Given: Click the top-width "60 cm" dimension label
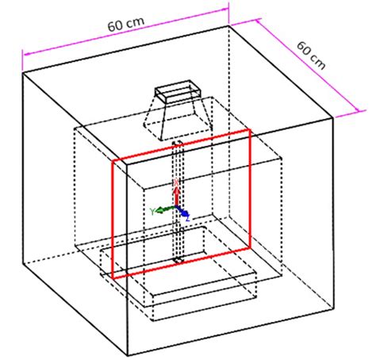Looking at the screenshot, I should pyautogui.click(x=125, y=24).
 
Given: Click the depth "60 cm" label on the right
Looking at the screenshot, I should pyautogui.click(x=314, y=56).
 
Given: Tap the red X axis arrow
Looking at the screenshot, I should pyautogui.click(x=176, y=194).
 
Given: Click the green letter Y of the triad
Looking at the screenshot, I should pyautogui.click(x=152, y=211).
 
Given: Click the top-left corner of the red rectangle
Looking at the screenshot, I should pyautogui.click(x=112, y=159).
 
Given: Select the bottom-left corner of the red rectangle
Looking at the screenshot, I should pyautogui.click(x=112, y=278).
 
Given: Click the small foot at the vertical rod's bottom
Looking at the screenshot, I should pyautogui.click(x=178, y=259).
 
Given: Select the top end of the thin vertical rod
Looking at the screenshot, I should pyautogui.click(x=178, y=143).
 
